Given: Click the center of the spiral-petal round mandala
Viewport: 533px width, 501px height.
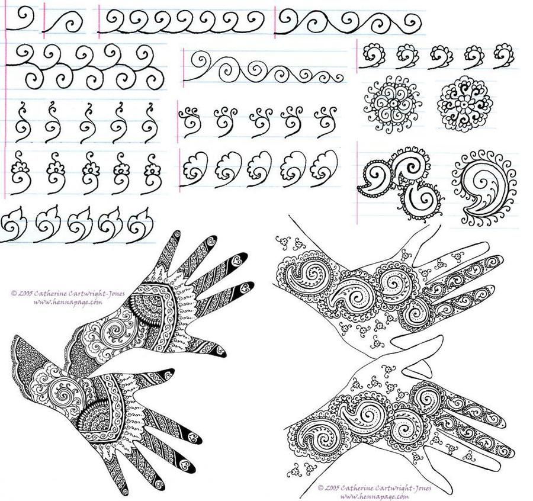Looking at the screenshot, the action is (x=393, y=103).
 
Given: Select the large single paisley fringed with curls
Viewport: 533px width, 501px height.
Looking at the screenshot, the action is (x=486, y=187).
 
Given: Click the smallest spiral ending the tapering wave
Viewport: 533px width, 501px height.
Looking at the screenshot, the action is (x=338, y=78).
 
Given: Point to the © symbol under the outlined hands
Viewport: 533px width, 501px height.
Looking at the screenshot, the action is (x=320, y=488).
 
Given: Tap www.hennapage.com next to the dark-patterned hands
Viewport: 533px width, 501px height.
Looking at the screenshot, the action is (x=68, y=302).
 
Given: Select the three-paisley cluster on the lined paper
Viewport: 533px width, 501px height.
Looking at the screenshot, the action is (x=401, y=182).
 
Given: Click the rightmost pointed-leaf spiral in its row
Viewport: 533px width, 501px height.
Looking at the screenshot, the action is (x=140, y=224).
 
